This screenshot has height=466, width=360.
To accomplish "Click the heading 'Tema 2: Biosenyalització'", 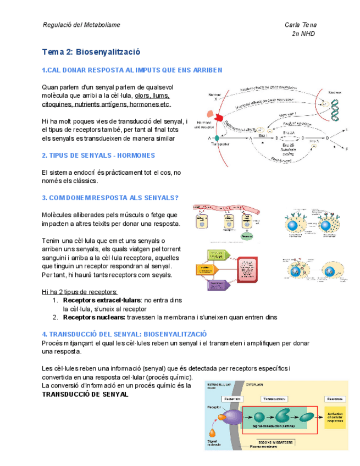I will click(91, 52).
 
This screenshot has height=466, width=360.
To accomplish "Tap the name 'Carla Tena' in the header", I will click(300, 25).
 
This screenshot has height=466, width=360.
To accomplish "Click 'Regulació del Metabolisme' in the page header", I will click(81, 25).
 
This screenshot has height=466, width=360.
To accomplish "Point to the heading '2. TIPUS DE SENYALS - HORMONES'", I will click(98, 156).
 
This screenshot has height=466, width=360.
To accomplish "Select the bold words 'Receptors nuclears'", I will click(93, 317).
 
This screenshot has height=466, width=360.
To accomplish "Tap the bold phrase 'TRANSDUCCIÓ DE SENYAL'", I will click(85, 395).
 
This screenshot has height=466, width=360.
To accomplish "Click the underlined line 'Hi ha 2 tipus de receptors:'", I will click(79, 292).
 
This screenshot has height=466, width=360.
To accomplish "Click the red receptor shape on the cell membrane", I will click(218, 118).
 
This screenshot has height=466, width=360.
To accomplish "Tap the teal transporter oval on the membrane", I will click(216, 137).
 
